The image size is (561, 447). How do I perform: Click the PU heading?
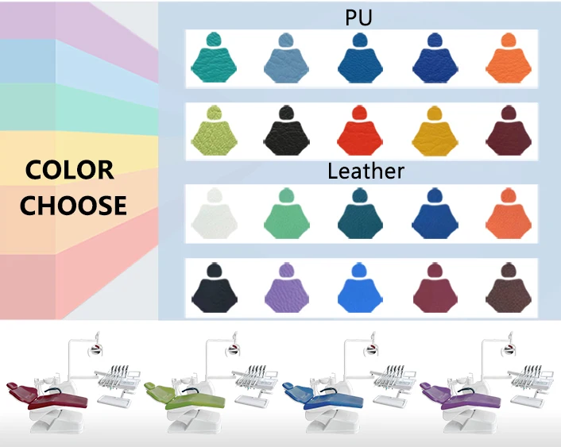(x=358, y=17)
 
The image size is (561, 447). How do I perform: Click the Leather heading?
(x=366, y=171)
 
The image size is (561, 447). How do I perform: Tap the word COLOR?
(x=69, y=169)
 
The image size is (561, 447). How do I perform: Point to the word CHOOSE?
(x=73, y=206)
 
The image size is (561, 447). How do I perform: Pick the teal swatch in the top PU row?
(x=213, y=63)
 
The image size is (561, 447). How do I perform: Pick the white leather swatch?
(x=213, y=219)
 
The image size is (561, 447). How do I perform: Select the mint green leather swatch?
(x=287, y=219)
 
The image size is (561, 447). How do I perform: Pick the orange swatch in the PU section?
(x=506, y=63)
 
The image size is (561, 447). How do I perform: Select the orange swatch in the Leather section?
(x=506, y=219)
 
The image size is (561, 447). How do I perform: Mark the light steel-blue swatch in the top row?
(x=287, y=63)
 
